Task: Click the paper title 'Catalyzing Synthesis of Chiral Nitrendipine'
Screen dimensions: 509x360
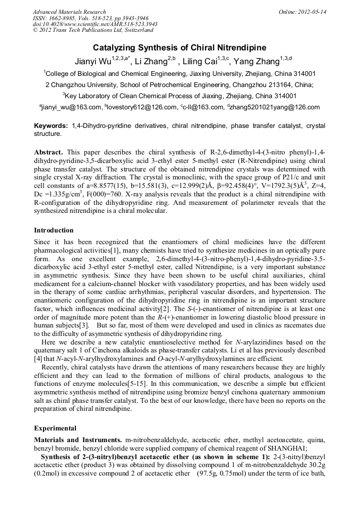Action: (179, 48)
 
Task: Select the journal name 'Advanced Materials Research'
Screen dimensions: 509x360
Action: (69, 12)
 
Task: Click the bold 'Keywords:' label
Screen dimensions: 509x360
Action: (51, 126)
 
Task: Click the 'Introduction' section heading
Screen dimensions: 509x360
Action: (54, 230)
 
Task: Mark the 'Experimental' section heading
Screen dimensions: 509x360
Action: (55, 428)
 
